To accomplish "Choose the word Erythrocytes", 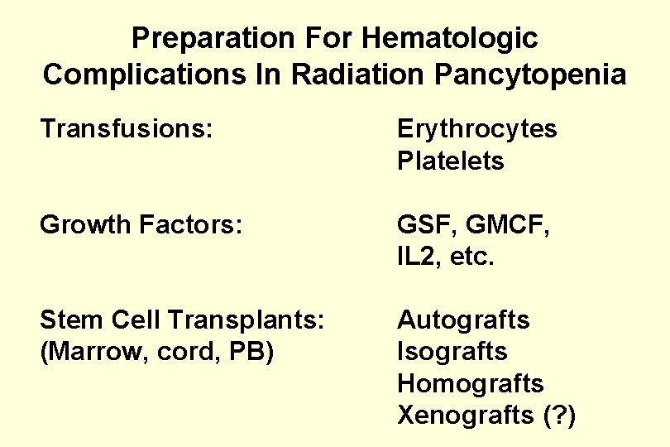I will click(476, 129).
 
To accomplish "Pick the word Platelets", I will click(450, 161).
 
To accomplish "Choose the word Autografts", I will click(463, 320).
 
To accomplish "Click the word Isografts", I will click(452, 351).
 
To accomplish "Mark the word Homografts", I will click(470, 383).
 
